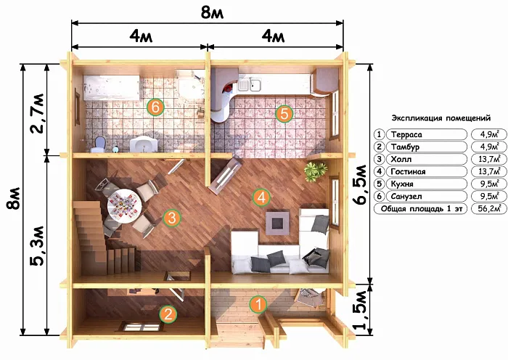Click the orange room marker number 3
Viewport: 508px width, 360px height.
pyautogui.click(x=172, y=218)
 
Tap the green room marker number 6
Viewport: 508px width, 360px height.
pyautogui.click(x=155, y=107)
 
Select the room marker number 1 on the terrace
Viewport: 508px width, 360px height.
pyautogui.click(x=258, y=305)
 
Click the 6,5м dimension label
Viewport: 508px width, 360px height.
pyautogui.click(x=361, y=185)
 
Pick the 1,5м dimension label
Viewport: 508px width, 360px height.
pyautogui.click(x=361, y=310)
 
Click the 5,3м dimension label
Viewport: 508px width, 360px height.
pyautogui.click(x=37, y=245)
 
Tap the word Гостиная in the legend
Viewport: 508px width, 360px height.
pyautogui.click(x=408, y=171)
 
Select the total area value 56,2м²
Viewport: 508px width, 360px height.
pyautogui.click(x=489, y=208)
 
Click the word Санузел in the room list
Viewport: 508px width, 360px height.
pyautogui.click(x=406, y=196)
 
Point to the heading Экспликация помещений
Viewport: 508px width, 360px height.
pyautogui.click(x=441, y=118)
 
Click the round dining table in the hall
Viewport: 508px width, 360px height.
pyautogui.click(x=124, y=205)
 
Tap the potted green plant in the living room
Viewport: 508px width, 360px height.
pyautogui.click(x=315, y=170)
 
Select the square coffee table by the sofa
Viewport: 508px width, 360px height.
pyautogui.click(x=278, y=224)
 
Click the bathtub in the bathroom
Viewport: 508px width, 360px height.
pyautogui.click(x=112, y=88)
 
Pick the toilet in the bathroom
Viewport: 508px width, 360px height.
pyautogui.click(x=99, y=144)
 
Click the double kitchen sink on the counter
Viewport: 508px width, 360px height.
pyautogui.click(x=250, y=85)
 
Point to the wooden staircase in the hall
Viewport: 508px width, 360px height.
pyautogui.click(x=97, y=238)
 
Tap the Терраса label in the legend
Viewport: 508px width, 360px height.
pyautogui.click(x=406, y=134)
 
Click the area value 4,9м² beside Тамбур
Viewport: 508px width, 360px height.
pyautogui.click(x=489, y=147)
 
